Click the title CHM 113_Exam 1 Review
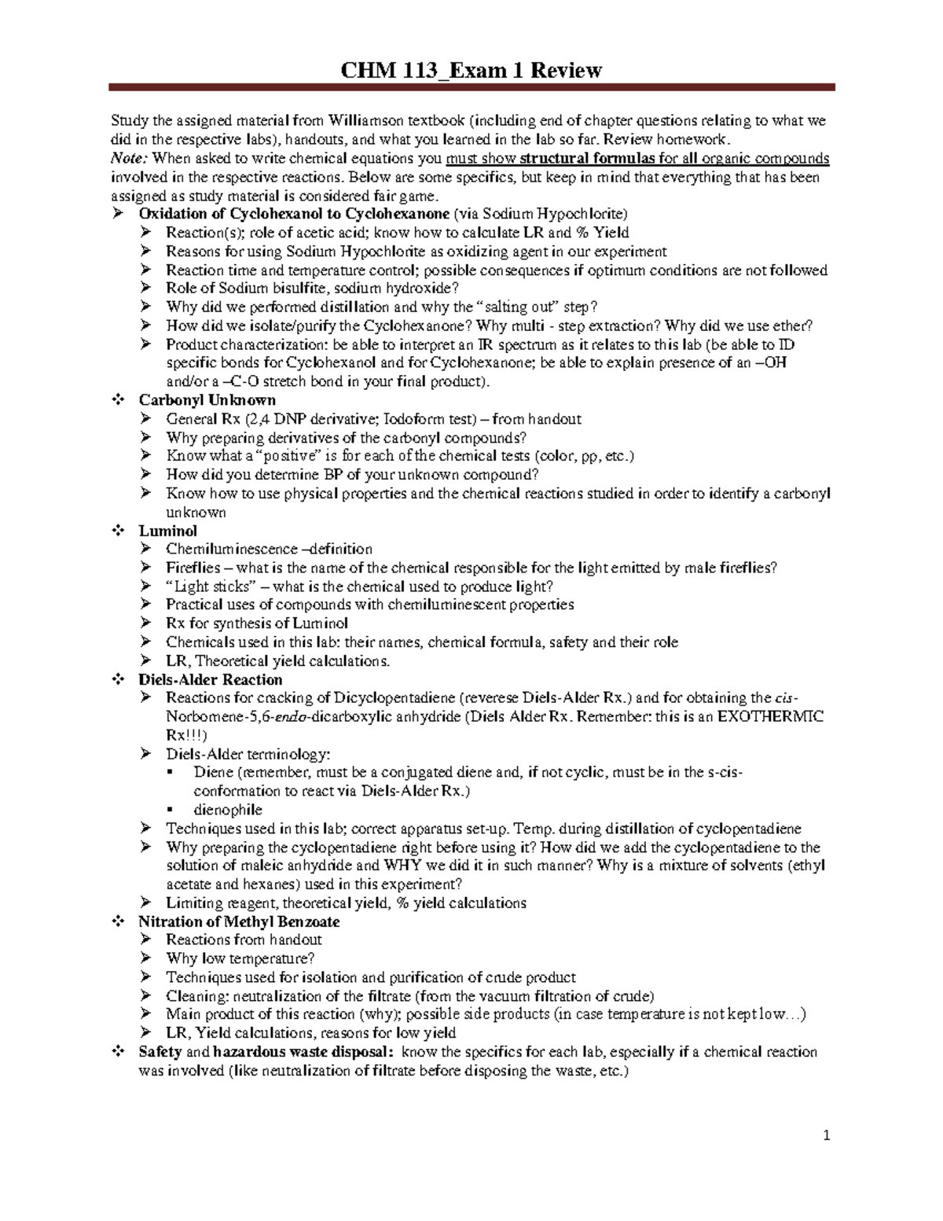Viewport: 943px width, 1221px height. [472, 71]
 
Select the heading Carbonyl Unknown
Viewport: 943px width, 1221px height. [207, 400]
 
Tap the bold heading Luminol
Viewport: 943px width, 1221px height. [167, 531]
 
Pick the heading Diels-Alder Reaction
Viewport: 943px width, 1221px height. [210, 679]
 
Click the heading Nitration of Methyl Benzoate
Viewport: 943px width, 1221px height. [239, 921]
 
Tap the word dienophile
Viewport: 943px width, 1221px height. [228, 810]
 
